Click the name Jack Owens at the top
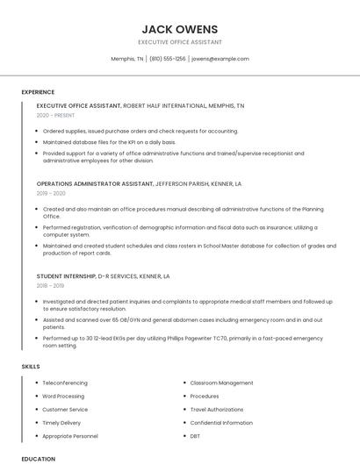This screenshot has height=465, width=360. tap(180, 29)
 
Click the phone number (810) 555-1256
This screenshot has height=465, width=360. tap(168, 59)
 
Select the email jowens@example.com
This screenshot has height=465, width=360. tap(220, 59)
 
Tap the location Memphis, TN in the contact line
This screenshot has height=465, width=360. tap(127, 59)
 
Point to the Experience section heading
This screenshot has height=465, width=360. tap(38, 91)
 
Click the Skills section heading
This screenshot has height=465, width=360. tap(31, 365)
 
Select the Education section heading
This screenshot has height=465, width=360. tap(38, 458)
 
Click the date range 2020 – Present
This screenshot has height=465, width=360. tap(56, 115)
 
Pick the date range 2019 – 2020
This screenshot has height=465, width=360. tap(51, 193)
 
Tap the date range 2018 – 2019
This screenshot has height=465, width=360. tap(51, 285)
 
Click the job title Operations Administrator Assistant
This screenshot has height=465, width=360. tap(95, 183)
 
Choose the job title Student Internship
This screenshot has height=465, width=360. tap(66, 275)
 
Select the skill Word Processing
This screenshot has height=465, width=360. tap(63, 396)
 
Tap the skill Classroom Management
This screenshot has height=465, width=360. tap(221, 383)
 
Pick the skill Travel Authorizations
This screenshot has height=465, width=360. tap(217, 409)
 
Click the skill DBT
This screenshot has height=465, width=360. tap(195, 435)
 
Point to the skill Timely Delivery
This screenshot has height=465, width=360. tap(61, 422)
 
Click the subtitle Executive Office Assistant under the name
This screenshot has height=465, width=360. tap(180, 42)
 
